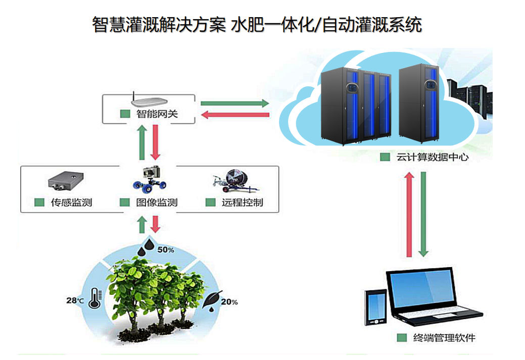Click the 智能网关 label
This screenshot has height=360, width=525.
[x=157, y=114]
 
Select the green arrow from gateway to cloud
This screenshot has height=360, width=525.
[x=234, y=104]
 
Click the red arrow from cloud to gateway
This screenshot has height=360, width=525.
[x=234, y=115]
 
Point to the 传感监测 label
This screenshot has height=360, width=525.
[x=71, y=203]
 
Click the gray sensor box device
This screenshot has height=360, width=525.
[x=66, y=181]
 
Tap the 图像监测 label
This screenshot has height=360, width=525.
[x=157, y=203]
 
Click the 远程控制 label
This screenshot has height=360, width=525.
[x=243, y=203]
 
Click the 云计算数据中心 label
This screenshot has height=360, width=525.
[x=432, y=157]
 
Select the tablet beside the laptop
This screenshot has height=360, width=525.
[x=376, y=307]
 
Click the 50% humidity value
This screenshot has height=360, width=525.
[x=166, y=249]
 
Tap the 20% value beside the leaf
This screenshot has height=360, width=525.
[x=229, y=302]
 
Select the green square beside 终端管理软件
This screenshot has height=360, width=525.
[x=402, y=338]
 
